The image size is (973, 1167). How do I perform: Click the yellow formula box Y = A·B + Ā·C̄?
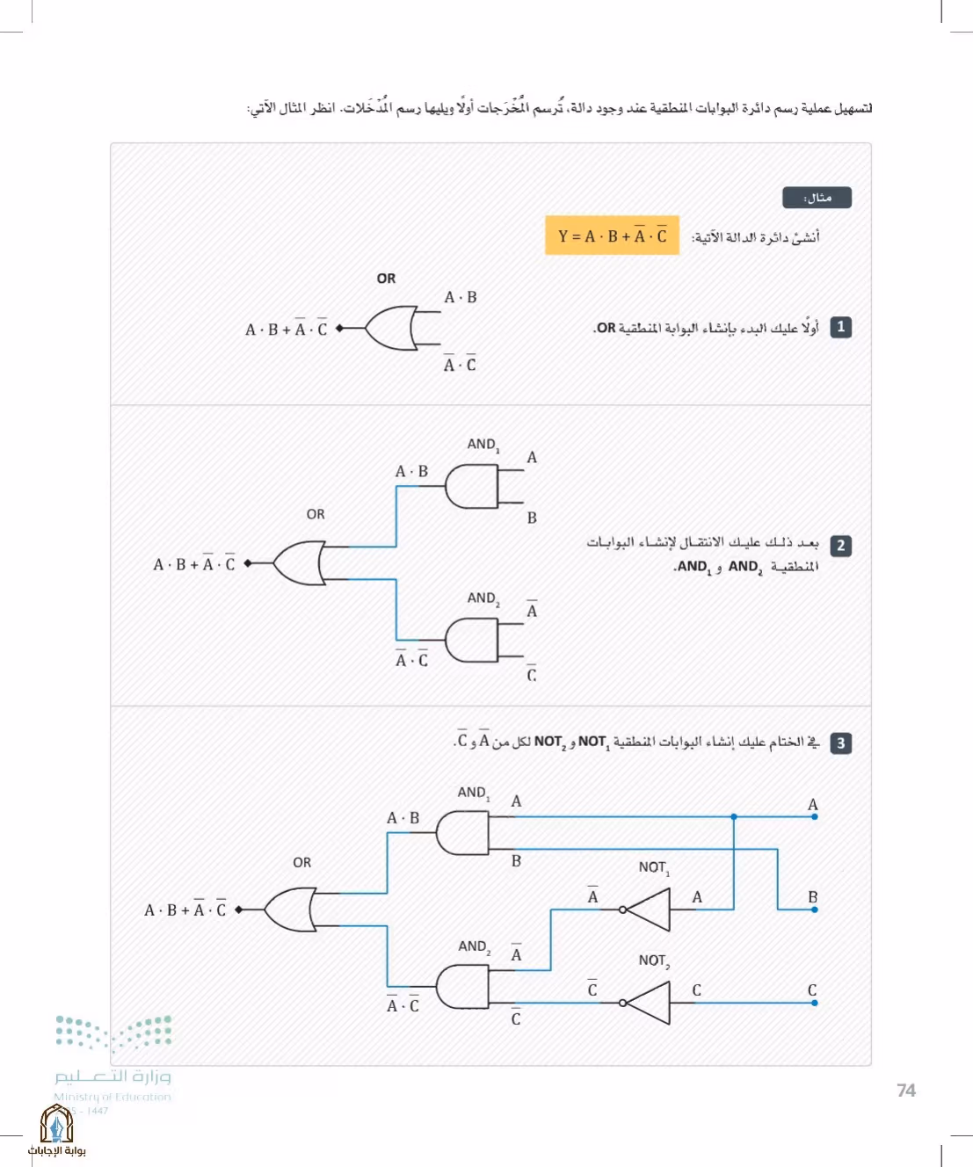612,236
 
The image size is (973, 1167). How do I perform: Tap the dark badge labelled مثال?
817,198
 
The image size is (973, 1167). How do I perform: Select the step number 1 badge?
840,327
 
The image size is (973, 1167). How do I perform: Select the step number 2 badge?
840,546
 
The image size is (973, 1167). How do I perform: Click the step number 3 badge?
840,743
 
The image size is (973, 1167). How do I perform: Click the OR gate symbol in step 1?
391,328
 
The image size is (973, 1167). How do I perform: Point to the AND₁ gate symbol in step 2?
471,486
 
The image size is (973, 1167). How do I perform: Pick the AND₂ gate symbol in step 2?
471,640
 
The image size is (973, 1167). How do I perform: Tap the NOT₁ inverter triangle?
648,910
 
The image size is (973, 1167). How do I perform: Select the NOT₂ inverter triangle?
648,1004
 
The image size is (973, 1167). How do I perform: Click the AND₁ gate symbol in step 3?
462,833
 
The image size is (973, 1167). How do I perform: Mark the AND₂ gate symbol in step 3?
462,987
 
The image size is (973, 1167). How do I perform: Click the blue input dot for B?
815,910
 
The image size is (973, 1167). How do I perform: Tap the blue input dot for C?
815,1004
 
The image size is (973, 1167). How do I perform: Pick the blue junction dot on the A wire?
734,816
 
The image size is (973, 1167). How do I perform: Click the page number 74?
906,1091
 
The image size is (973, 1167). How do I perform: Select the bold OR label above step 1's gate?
386,279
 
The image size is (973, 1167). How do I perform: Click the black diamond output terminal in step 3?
239,910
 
